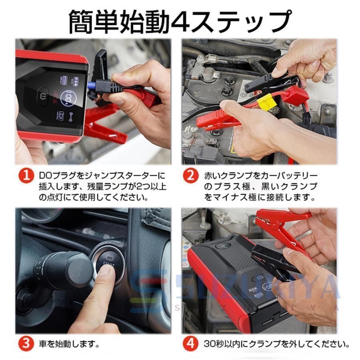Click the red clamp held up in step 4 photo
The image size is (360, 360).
click(286, 228)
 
